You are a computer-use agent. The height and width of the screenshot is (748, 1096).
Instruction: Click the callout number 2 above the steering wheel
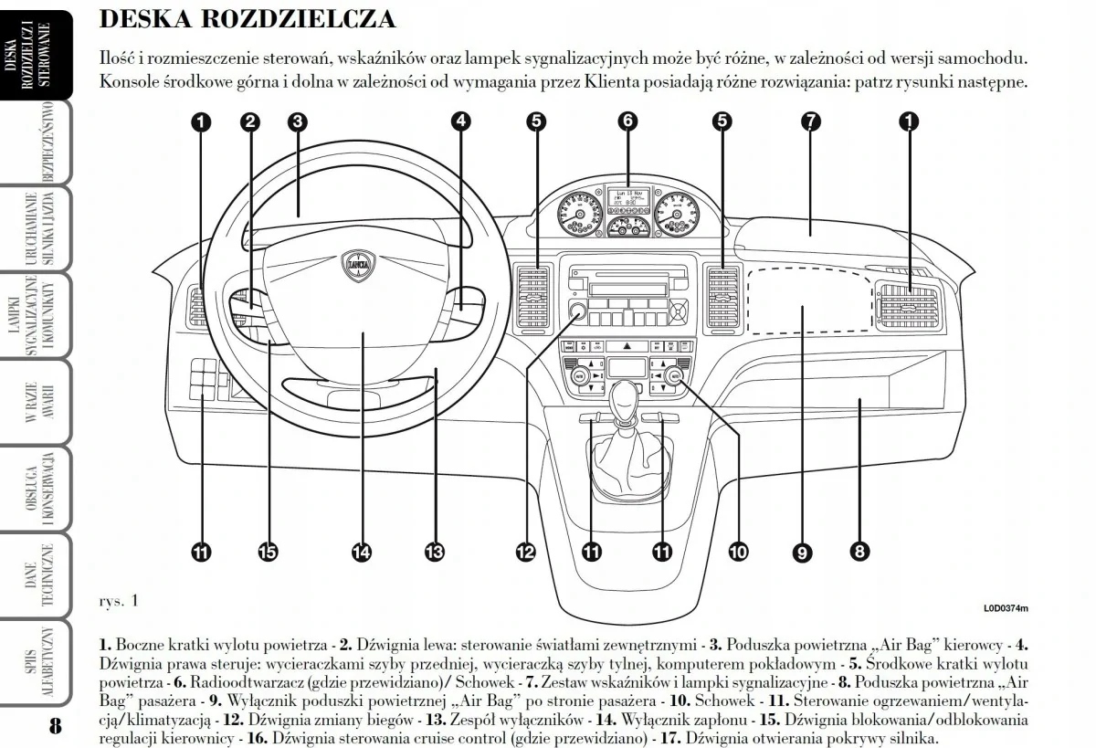[x=249, y=121]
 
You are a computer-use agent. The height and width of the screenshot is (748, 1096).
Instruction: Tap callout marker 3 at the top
[x=296, y=121]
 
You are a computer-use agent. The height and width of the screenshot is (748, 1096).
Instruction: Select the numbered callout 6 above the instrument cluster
[x=627, y=121]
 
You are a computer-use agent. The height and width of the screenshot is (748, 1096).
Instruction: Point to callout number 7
[x=809, y=121]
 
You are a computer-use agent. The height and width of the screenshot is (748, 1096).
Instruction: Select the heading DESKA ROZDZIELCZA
[x=247, y=19]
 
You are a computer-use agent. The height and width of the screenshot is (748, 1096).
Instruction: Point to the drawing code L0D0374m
[x=1006, y=607]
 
